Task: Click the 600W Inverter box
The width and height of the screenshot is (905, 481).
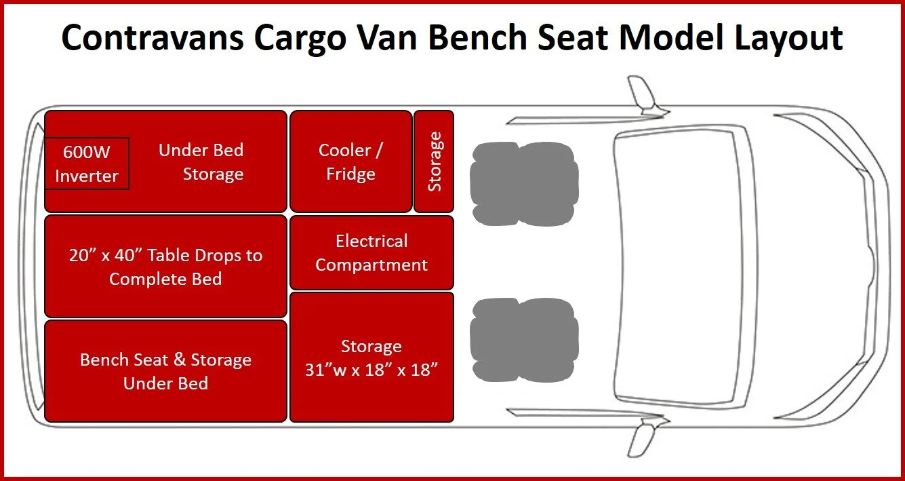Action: tap(86, 163)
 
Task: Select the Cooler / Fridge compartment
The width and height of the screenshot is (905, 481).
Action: tap(350, 161)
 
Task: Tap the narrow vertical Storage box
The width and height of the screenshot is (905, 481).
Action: tap(434, 161)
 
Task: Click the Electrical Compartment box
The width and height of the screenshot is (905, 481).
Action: tap(371, 252)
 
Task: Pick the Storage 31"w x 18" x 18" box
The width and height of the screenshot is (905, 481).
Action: tap(371, 357)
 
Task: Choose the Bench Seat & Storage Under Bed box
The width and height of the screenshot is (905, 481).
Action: tap(165, 371)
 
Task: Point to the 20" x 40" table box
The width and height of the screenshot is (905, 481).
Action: tap(165, 266)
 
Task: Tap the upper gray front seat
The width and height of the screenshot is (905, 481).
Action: tap(524, 174)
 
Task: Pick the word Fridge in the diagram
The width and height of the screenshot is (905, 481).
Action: tap(350, 174)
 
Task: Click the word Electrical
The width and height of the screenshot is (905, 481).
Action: tap(371, 241)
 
